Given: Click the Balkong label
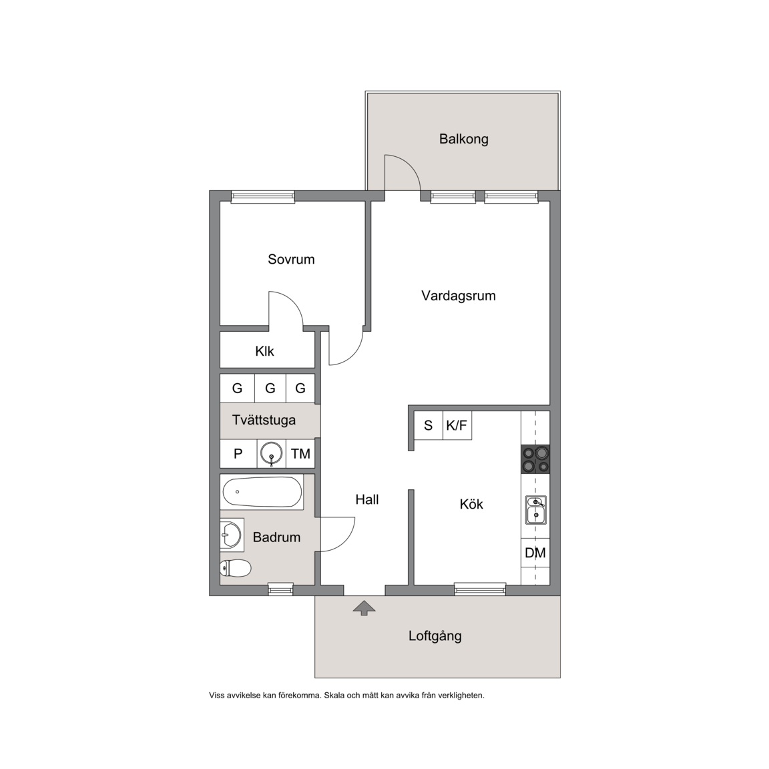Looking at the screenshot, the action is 463,140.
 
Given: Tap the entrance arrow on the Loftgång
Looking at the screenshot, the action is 364,607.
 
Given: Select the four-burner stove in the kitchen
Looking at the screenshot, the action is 535,459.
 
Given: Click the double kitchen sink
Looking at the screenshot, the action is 535,509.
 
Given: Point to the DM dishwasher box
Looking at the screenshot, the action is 535,553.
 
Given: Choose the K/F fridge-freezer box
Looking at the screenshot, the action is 457,425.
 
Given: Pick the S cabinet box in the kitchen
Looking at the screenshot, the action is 428,425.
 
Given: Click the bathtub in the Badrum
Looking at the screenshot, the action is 262,492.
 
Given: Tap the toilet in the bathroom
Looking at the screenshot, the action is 236,569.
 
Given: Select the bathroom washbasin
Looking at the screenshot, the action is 232,533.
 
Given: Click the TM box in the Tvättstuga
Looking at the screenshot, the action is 300,454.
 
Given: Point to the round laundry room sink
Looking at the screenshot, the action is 271,453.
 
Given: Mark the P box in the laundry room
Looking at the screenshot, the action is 238,454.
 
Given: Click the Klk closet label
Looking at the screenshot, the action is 264,351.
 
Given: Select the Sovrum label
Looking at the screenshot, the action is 291,259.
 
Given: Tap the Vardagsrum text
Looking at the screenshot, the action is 459,296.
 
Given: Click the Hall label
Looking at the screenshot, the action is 367,500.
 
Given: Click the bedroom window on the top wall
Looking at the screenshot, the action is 263,196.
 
